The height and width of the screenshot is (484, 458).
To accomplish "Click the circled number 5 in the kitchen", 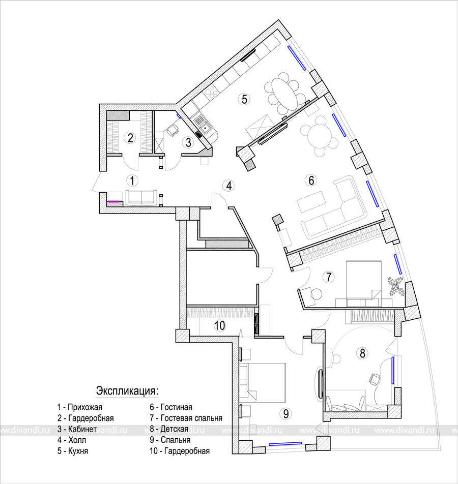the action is tap(244, 100).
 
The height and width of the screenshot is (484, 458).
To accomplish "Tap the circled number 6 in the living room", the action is tap(311, 180).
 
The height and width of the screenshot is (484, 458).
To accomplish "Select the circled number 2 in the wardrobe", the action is tap(130, 138).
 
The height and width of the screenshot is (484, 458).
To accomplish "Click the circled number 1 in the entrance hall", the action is tap(133, 180).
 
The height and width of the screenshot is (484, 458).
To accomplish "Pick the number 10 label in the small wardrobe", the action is tap(220, 325).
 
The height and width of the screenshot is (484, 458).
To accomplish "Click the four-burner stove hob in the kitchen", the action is tap(212, 92).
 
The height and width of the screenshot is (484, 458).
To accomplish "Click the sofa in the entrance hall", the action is tap(141, 197).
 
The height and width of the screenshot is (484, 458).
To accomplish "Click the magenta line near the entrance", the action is tap(113, 201).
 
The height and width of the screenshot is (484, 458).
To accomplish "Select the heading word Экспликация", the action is tap(127, 391).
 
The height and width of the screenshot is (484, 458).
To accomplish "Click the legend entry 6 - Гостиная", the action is tap(171, 407).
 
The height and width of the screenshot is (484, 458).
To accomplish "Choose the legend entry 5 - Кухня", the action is tap(73, 450).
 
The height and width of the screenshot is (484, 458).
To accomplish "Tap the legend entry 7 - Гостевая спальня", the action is tap(186, 418).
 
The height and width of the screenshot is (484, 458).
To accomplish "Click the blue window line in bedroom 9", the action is tap(285, 443).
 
